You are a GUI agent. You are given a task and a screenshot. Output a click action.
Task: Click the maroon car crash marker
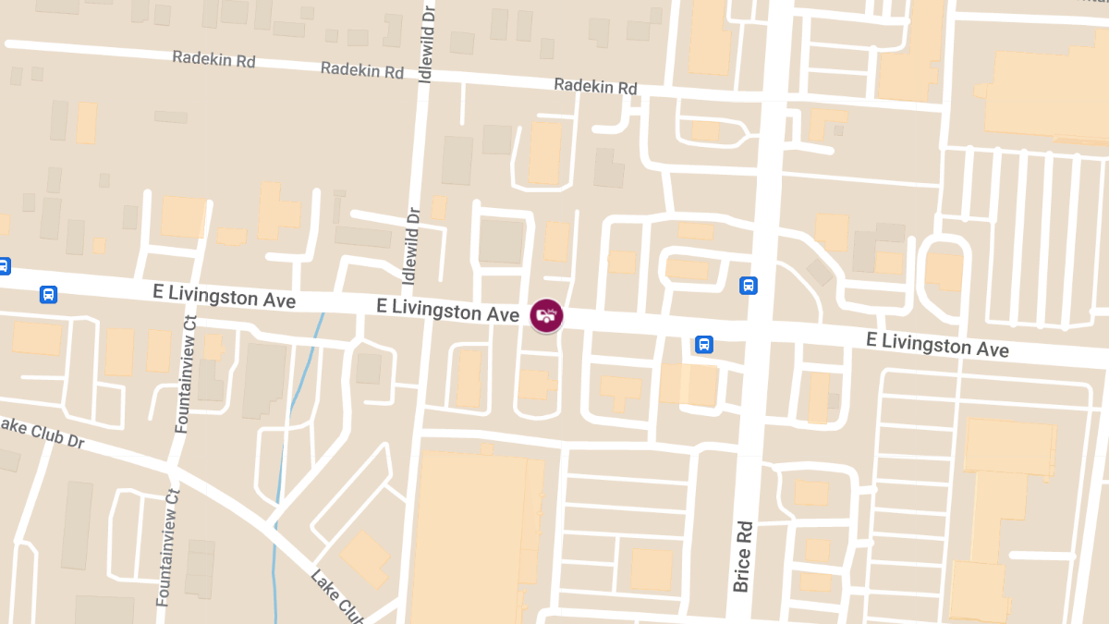click(x=546, y=315)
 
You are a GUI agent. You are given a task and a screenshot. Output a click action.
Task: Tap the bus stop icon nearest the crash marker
click(x=704, y=345)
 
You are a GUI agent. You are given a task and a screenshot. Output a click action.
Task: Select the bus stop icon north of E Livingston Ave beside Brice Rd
click(x=749, y=286)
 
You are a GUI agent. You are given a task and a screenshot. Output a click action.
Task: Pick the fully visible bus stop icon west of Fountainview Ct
click(x=48, y=295)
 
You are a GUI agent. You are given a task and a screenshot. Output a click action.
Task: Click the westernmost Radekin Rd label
click(x=213, y=59)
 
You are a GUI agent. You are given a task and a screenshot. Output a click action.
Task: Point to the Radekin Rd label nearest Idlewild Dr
click(x=362, y=70)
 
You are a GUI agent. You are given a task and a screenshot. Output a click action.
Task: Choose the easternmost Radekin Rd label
click(x=595, y=87)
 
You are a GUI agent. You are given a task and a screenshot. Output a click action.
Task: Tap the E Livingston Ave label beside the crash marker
click(x=447, y=310)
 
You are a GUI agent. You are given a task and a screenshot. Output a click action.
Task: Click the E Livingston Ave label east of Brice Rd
click(x=937, y=345)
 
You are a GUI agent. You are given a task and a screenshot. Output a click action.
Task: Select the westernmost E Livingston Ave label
click(x=225, y=297)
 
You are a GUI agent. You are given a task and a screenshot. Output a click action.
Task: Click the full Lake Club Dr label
click(x=43, y=432)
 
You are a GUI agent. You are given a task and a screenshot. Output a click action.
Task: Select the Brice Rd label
click(x=743, y=555)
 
